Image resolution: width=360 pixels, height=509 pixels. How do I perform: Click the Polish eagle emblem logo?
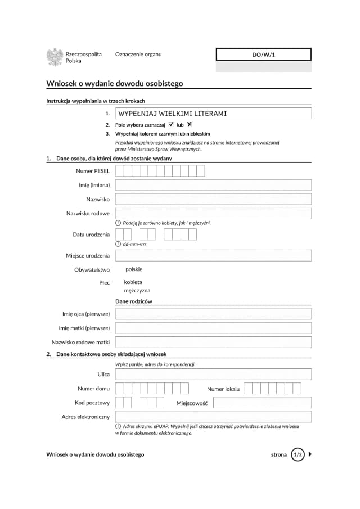55,57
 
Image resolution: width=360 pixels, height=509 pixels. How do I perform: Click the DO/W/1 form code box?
263,55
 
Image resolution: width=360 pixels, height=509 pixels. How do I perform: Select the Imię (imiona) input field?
213,185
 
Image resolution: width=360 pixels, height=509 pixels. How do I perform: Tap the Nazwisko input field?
213,199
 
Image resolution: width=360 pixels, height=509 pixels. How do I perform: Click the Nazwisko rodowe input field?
213,213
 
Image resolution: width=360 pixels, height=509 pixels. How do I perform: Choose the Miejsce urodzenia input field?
213,256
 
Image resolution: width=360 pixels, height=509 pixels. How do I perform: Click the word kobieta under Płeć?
133,282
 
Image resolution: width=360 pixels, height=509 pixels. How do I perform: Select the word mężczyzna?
137,291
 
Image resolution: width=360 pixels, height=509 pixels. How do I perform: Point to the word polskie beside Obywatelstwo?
134,269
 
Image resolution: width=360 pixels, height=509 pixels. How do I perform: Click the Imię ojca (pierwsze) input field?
213,314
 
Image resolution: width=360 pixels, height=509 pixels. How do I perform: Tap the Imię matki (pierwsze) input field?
213,328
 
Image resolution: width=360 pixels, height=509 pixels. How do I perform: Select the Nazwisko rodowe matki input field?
213,342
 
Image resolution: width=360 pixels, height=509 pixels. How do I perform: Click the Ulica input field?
213,374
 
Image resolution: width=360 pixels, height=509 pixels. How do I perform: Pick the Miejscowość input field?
262,403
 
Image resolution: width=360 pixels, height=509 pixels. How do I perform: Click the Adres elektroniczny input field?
213,417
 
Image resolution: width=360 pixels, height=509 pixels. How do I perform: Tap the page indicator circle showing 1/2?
298,454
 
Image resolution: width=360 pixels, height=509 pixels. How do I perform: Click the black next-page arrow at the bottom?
311,454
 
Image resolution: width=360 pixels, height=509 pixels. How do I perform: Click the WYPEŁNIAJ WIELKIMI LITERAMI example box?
213,114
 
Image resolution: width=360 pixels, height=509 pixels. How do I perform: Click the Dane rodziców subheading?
134,301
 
